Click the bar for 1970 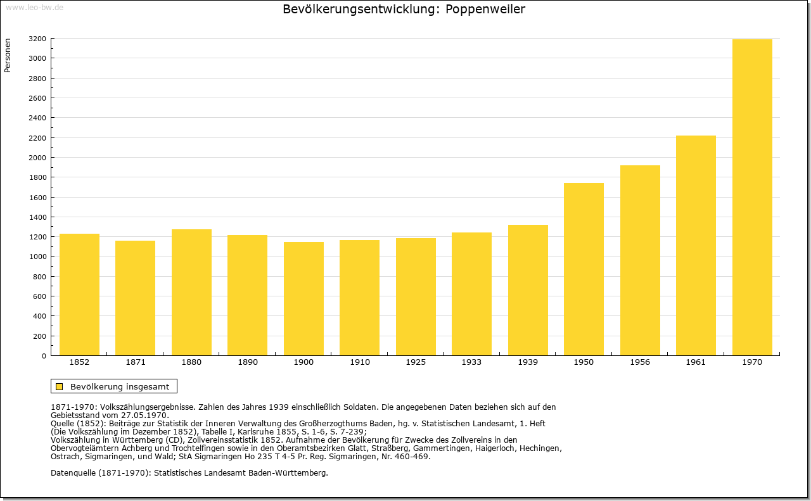[752, 197]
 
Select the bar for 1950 [584, 269]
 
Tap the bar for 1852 [79, 295]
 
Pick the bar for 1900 [303, 298]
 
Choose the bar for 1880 [191, 292]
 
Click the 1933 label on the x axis [471, 362]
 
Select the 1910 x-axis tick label [359, 362]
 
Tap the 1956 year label [640, 362]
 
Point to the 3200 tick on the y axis [37, 39]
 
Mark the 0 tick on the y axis [44, 356]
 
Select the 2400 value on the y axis [37, 118]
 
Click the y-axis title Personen [8, 55]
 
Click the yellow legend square [60, 386]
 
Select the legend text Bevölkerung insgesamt [120, 386]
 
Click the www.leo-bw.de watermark [34, 7]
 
